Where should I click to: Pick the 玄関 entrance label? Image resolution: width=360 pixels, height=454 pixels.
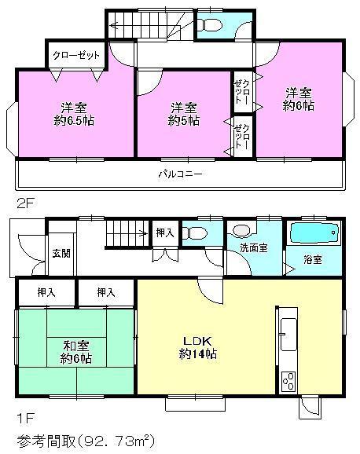point(61,253)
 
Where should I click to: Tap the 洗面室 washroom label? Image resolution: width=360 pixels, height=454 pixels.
point(254,247)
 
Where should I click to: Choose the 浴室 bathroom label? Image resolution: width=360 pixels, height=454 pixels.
point(312,259)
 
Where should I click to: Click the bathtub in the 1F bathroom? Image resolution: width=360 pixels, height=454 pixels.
point(314,234)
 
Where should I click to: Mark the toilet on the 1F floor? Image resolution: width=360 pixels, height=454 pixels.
point(196,233)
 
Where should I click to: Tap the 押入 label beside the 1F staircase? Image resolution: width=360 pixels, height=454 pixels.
point(163,232)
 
